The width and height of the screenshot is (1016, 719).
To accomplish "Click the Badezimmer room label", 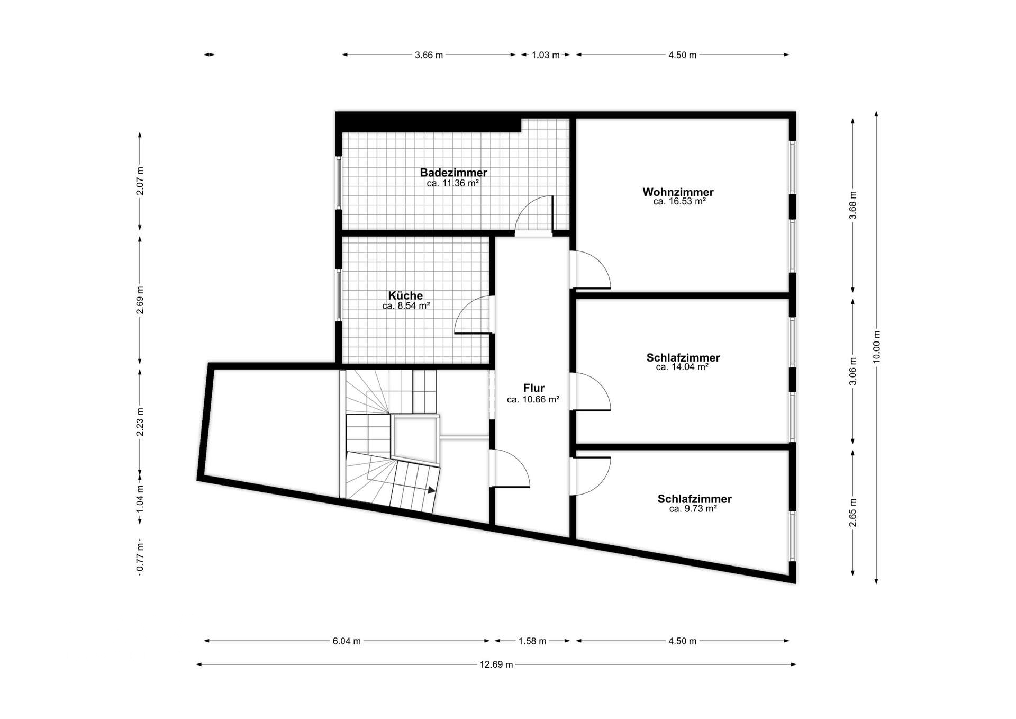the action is (x=453, y=173).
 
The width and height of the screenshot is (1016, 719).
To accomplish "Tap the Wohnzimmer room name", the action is (x=678, y=192).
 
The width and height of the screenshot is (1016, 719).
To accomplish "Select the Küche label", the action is (x=405, y=295).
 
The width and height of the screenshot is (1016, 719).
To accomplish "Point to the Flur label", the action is (x=533, y=388).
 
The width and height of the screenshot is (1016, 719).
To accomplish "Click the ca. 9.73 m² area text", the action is (x=693, y=509).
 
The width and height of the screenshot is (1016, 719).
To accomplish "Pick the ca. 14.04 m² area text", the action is (x=682, y=367).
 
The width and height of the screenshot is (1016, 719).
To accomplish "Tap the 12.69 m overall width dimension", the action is (x=496, y=664).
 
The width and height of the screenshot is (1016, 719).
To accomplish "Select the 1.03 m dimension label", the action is (x=546, y=55).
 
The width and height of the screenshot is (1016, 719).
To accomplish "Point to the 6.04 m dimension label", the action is (x=347, y=641).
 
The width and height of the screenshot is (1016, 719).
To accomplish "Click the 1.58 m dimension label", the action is (x=532, y=641).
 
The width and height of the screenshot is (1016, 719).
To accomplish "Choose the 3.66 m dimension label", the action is (x=429, y=55).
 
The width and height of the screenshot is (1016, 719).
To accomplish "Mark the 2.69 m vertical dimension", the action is (x=140, y=300).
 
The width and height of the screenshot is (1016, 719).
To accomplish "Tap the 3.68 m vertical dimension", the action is (x=852, y=205).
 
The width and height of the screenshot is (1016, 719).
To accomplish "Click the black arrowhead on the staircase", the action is (x=432, y=489).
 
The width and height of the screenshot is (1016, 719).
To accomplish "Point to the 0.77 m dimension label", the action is (x=140, y=559).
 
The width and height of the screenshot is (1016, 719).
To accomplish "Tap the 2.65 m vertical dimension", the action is (x=852, y=513).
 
